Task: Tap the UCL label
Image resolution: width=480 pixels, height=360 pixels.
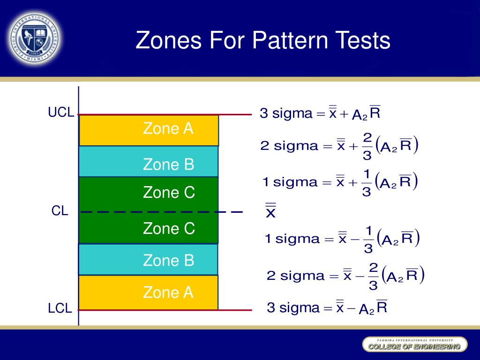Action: tap(61, 112)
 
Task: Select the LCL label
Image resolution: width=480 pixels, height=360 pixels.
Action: tap(60, 308)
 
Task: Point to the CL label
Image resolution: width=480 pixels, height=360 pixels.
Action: tap(60, 211)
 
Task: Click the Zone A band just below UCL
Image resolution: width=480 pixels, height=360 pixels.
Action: tap(149, 130)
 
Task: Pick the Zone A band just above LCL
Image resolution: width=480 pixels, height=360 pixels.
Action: tap(149, 292)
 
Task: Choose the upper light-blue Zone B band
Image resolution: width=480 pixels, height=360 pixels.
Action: tap(149, 162)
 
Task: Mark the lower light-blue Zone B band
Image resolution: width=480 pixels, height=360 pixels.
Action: tap(149, 260)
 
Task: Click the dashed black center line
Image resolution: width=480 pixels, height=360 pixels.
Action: tap(162, 212)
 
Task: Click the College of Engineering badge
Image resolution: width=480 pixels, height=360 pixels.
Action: tap(414, 345)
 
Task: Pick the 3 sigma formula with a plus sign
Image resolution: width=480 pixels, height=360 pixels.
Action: tap(320, 113)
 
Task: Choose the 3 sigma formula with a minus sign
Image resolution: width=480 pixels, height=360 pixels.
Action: tap(327, 308)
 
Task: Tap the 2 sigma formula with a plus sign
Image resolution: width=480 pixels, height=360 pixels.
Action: tap(339, 146)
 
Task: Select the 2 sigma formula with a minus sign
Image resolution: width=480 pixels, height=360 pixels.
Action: tap(345, 275)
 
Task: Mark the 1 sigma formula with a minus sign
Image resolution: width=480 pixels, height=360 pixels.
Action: tap(342, 239)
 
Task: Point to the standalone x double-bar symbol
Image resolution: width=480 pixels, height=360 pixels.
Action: tap(270, 210)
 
